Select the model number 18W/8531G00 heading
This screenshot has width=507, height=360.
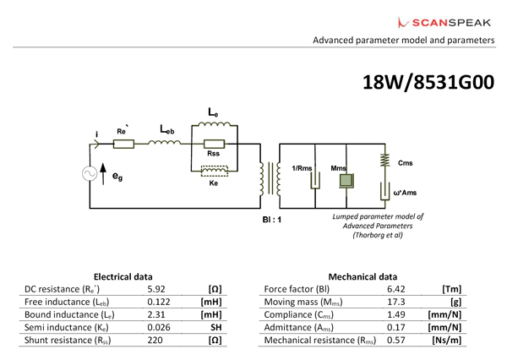coord(427,83)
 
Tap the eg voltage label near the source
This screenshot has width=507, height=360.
coord(117,178)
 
